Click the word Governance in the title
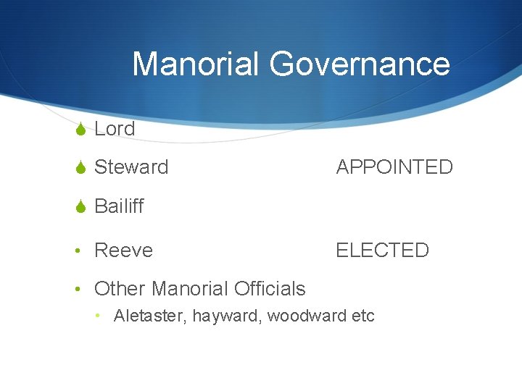click(360, 64)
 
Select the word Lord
click(115, 129)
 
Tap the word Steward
click(131, 167)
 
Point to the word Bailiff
click(119, 206)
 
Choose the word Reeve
click(123, 251)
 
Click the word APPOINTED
click(394, 167)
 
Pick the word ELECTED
click(382, 251)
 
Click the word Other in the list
click(119, 289)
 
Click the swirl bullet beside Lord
click(80, 130)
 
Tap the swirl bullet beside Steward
click(80, 168)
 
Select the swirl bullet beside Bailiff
click(80, 207)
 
